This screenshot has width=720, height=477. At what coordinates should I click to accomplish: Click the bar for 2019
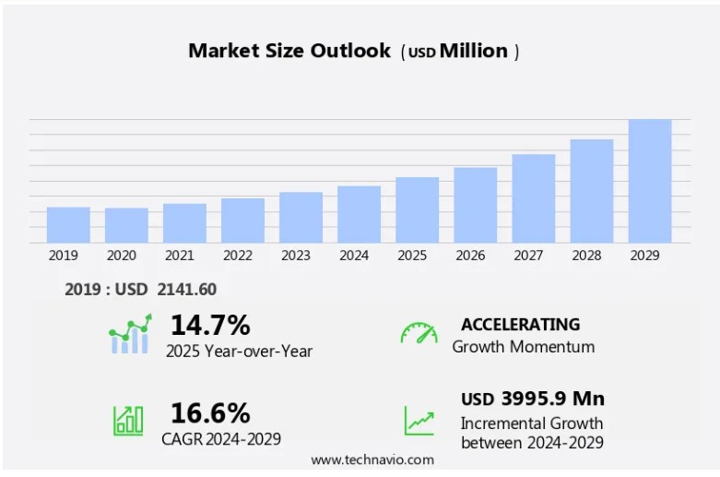pos(68,225)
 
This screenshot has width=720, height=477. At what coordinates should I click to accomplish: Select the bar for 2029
pos(650,182)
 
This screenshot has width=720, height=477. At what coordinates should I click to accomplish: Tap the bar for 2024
pos(359,215)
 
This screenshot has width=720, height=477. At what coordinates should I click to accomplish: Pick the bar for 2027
pos(534,198)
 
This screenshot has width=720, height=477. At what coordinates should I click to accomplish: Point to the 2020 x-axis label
pos(122,256)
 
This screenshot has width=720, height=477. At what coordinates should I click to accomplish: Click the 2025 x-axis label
pos(412,256)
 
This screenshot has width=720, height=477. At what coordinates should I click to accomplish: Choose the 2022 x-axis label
pos(238,256)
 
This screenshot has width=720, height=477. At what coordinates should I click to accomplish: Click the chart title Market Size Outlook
pos(289,51)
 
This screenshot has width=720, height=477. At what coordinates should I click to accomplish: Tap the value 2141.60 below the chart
pos(187,290)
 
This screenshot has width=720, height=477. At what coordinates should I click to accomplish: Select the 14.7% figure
pos(210,325)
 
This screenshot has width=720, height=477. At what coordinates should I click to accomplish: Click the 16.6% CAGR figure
pos(210,412)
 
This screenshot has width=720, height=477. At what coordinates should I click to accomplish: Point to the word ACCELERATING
pos(521,325)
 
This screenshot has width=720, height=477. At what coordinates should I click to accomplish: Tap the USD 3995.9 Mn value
pos(533,399)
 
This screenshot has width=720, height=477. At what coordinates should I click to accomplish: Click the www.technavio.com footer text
pos(372,459)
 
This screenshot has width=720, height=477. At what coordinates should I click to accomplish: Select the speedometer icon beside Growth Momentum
pos(419,333)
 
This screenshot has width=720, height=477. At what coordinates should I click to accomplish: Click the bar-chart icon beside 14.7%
pos(129,335)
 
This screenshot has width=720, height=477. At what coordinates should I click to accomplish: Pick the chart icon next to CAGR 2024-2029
pos(128,421)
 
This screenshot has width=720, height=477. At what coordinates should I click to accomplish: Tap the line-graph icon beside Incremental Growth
pos(419,421)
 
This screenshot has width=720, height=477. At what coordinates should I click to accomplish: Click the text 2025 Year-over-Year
pos(239,351)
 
